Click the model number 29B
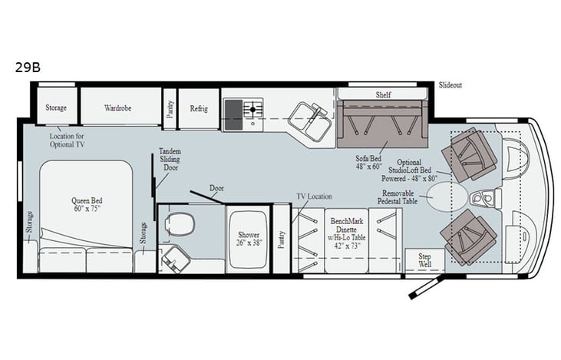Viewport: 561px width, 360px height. click(x=27, y=67)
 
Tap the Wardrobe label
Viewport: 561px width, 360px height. click(x=117, y=108)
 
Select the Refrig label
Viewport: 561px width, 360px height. click(x=199, y=108)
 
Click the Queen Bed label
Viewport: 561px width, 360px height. click(x=86, y=205)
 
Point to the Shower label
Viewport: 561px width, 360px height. click(x=248, y=239)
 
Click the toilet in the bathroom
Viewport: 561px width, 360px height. click(x=180, y=224)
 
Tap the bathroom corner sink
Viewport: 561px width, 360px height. click(x=175, y=259)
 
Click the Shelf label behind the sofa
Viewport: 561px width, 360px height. click(x=383, y=94)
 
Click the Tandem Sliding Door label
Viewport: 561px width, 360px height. click(x=170, y=159)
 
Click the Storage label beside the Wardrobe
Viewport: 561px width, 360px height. click(x=57, y=108)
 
